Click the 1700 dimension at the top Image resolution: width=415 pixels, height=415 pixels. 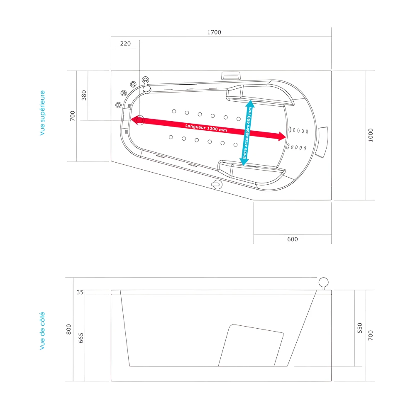[x=214, y=32]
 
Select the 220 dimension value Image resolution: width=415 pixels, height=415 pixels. [x=125, y=44]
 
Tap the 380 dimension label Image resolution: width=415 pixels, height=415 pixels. [x=84, y=95]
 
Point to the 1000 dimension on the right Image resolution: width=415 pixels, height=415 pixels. [x=371, y=135]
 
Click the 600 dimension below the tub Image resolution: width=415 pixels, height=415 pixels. [x=292, y=239]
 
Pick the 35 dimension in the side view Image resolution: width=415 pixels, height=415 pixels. [x=80, y=292]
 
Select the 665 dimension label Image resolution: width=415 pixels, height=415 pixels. [x=81, y=338]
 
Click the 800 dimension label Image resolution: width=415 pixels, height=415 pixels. [x=69, y=329]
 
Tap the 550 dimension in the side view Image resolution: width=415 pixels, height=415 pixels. [x=360, y=328]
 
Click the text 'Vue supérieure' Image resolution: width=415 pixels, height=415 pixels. [x=42, y=113]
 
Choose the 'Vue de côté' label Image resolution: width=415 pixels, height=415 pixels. [x=42, y=331]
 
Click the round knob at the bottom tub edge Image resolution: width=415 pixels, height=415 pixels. [x=216, y=185]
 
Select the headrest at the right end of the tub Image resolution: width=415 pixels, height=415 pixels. [x=322, y=142]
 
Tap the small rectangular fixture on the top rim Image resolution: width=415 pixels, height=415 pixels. [x=231, y=76]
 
